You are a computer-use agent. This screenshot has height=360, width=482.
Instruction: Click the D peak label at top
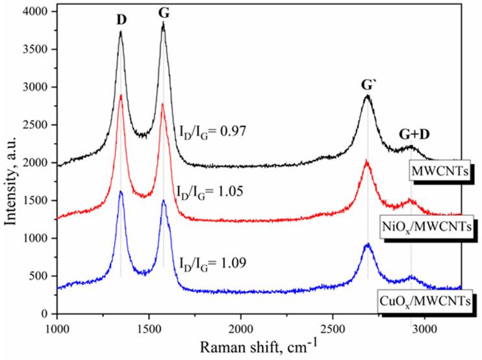point(121,19)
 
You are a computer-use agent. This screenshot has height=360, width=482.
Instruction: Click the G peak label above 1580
point(163,14)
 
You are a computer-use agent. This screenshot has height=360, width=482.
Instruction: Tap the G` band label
point(368,85)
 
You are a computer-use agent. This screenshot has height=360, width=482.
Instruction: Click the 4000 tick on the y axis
point(36,12)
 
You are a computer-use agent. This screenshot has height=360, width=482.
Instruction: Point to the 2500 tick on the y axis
point(36,125)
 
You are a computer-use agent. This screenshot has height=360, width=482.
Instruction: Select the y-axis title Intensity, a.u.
point(12,162)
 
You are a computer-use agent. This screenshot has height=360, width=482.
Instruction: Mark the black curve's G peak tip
point(163,23)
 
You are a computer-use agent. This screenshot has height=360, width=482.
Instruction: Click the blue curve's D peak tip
point(121,191)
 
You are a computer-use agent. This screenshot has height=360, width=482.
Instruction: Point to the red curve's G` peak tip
point(367,161)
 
